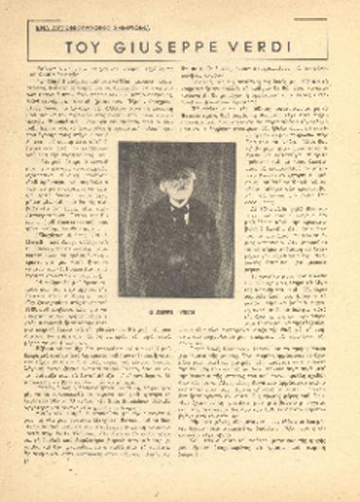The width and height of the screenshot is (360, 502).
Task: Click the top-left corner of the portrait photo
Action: click(x=120, y=143)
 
